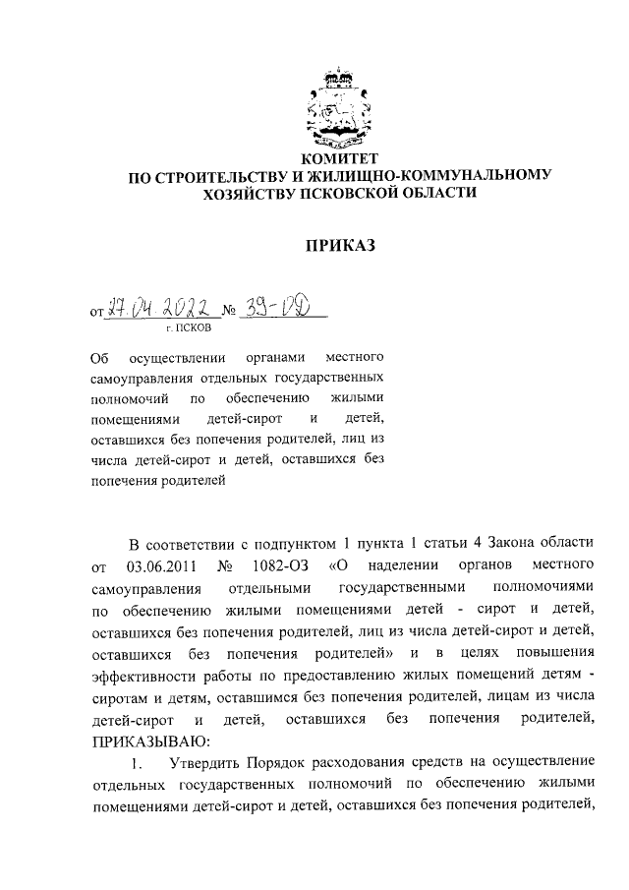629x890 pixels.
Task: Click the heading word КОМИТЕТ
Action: coord(337,158)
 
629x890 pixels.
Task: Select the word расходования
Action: coord(366,761)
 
